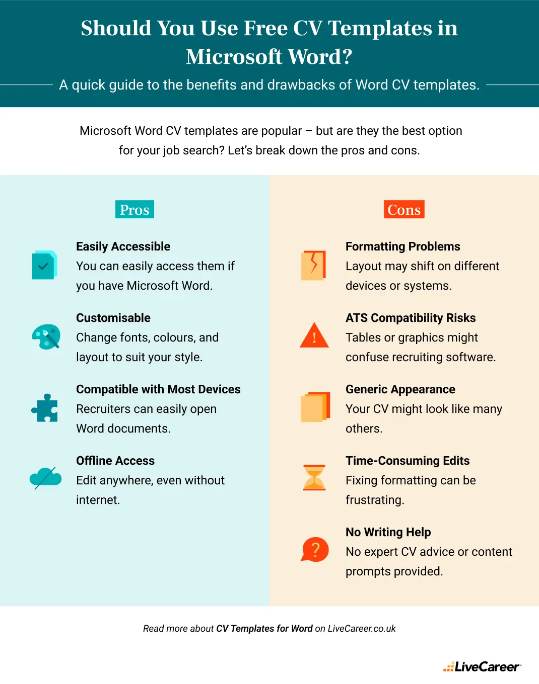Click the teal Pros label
click(x=134, y=210)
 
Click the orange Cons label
click(x=404, y=210)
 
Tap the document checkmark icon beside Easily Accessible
click(x=44, y=265)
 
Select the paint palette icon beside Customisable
click(x=46, y=336)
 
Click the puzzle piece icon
click(x=45, y=408)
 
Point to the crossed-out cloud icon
click(x=45, y=478)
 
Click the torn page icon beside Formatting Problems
click(x=313, y=265)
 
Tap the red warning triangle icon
click(x=314, y=336)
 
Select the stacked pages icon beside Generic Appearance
click(x=315, y=407)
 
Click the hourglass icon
click(x=314, y=478)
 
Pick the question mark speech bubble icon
click(x=315, y=550)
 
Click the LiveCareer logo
click(x=482, y=667)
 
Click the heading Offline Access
click(x=115, y=461)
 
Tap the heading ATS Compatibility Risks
click(x=411, y=318)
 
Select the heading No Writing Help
click(x=388, y=532)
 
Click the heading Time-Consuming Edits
click(x=408, y=461)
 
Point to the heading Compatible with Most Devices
click(x=158, y=389)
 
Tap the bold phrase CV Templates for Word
click(x=264, y=629)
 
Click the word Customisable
click(x=113, y=318)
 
